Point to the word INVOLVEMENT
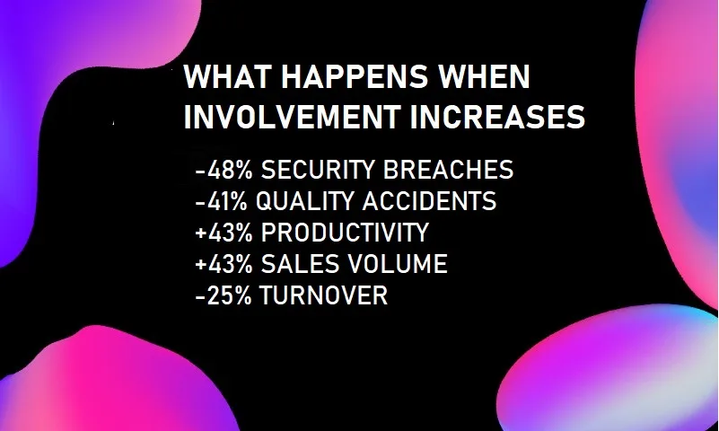click(x=292, y=117)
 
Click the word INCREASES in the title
click(x=498, y=117)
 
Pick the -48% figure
click(x=224, y=170)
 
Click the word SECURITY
click(x=319, y=170)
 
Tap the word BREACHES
click(x=449, y=170)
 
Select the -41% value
click(x=221, y=201)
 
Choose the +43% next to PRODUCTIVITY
click(x=224, y=233)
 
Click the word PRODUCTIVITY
click(x=345, y=233)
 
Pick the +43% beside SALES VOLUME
click(x=224, y=264)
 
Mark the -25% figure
click(x=224, y=295)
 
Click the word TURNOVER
click(x=324, y=295)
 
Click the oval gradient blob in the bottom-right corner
click(x=609, y=371)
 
